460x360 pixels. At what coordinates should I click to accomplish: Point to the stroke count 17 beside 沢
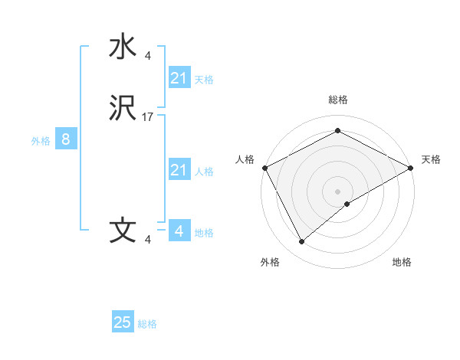(x=148, y=117)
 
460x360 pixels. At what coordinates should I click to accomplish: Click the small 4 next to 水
(x=148, y=56)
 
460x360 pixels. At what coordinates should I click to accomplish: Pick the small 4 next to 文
(x=148, y=240)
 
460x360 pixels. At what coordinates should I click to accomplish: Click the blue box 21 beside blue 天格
(x=179, y=78)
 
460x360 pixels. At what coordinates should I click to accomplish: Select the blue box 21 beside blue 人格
(x=179, y=170)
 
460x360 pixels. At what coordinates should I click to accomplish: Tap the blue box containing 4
(x=179, y=231)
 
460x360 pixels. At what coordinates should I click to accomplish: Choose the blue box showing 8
(x=66, y=139)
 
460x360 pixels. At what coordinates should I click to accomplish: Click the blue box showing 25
(x=123, y=322)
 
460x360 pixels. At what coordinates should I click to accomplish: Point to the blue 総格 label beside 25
(x=147, y=324)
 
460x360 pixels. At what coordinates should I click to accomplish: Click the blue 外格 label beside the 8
(x=41, y=141)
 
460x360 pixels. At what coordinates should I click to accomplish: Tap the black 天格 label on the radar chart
(x=431, y=159)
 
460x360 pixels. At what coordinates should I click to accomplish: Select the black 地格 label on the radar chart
(x=402, y=262)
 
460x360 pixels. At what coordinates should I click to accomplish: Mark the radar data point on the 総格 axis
(x=337, y=131)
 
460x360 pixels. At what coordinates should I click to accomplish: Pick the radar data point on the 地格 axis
(x=347, y=204)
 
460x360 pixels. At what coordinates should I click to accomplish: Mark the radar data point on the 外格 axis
(x=302, y=241)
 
